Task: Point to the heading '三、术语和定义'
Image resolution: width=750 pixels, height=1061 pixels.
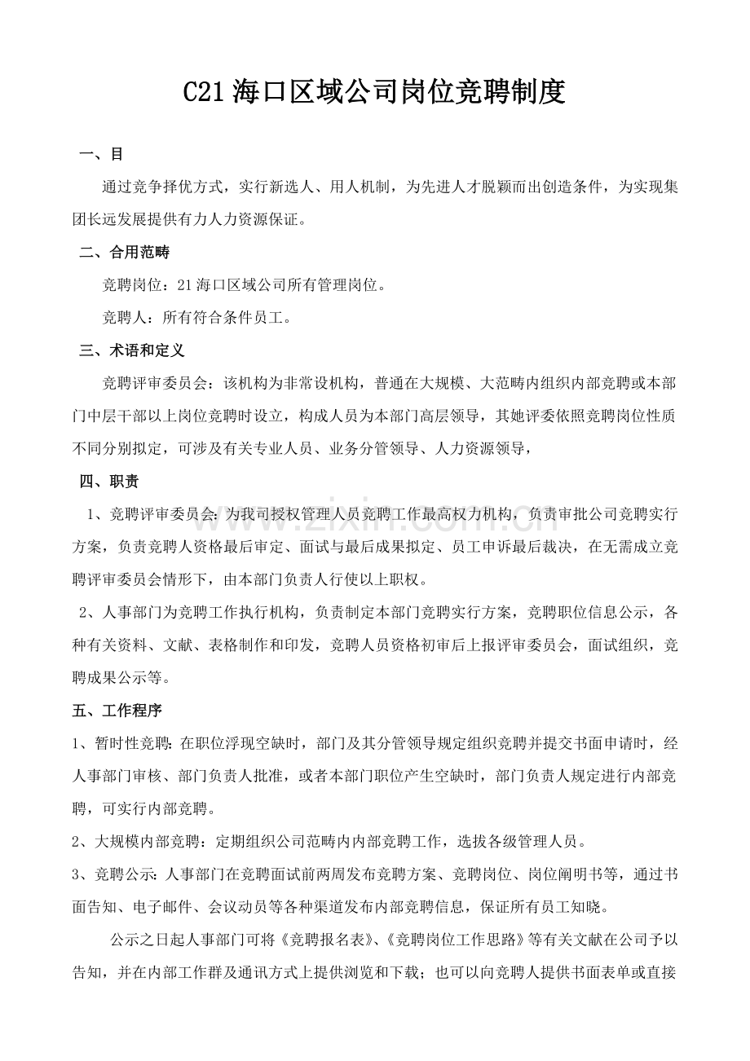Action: coord(132,350)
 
